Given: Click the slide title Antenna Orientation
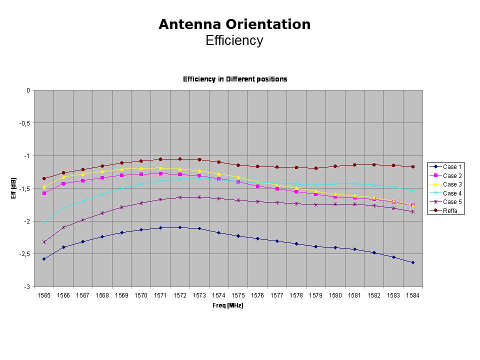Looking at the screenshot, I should (234, 24).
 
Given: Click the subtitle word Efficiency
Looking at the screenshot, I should (234, 40).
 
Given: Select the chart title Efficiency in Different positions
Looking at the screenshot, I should (235, 79).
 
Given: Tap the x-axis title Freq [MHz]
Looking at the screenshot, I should (228, 305).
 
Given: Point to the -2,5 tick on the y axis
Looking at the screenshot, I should (24, 254).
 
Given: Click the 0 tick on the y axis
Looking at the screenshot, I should (28, 90).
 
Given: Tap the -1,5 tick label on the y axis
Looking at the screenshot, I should (24, 188).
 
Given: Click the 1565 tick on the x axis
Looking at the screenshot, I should (44, 295).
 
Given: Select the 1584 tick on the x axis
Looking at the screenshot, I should (413, 295).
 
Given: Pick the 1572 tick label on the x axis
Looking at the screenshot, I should (180, 295).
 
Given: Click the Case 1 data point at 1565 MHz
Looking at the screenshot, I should (44, 259).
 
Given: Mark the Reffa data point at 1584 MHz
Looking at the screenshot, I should (413, 166).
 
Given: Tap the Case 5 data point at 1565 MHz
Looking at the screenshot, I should (44, 242).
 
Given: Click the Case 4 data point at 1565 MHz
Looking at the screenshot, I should (44, 222).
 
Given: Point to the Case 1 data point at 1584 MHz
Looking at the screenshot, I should (413, 262).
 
